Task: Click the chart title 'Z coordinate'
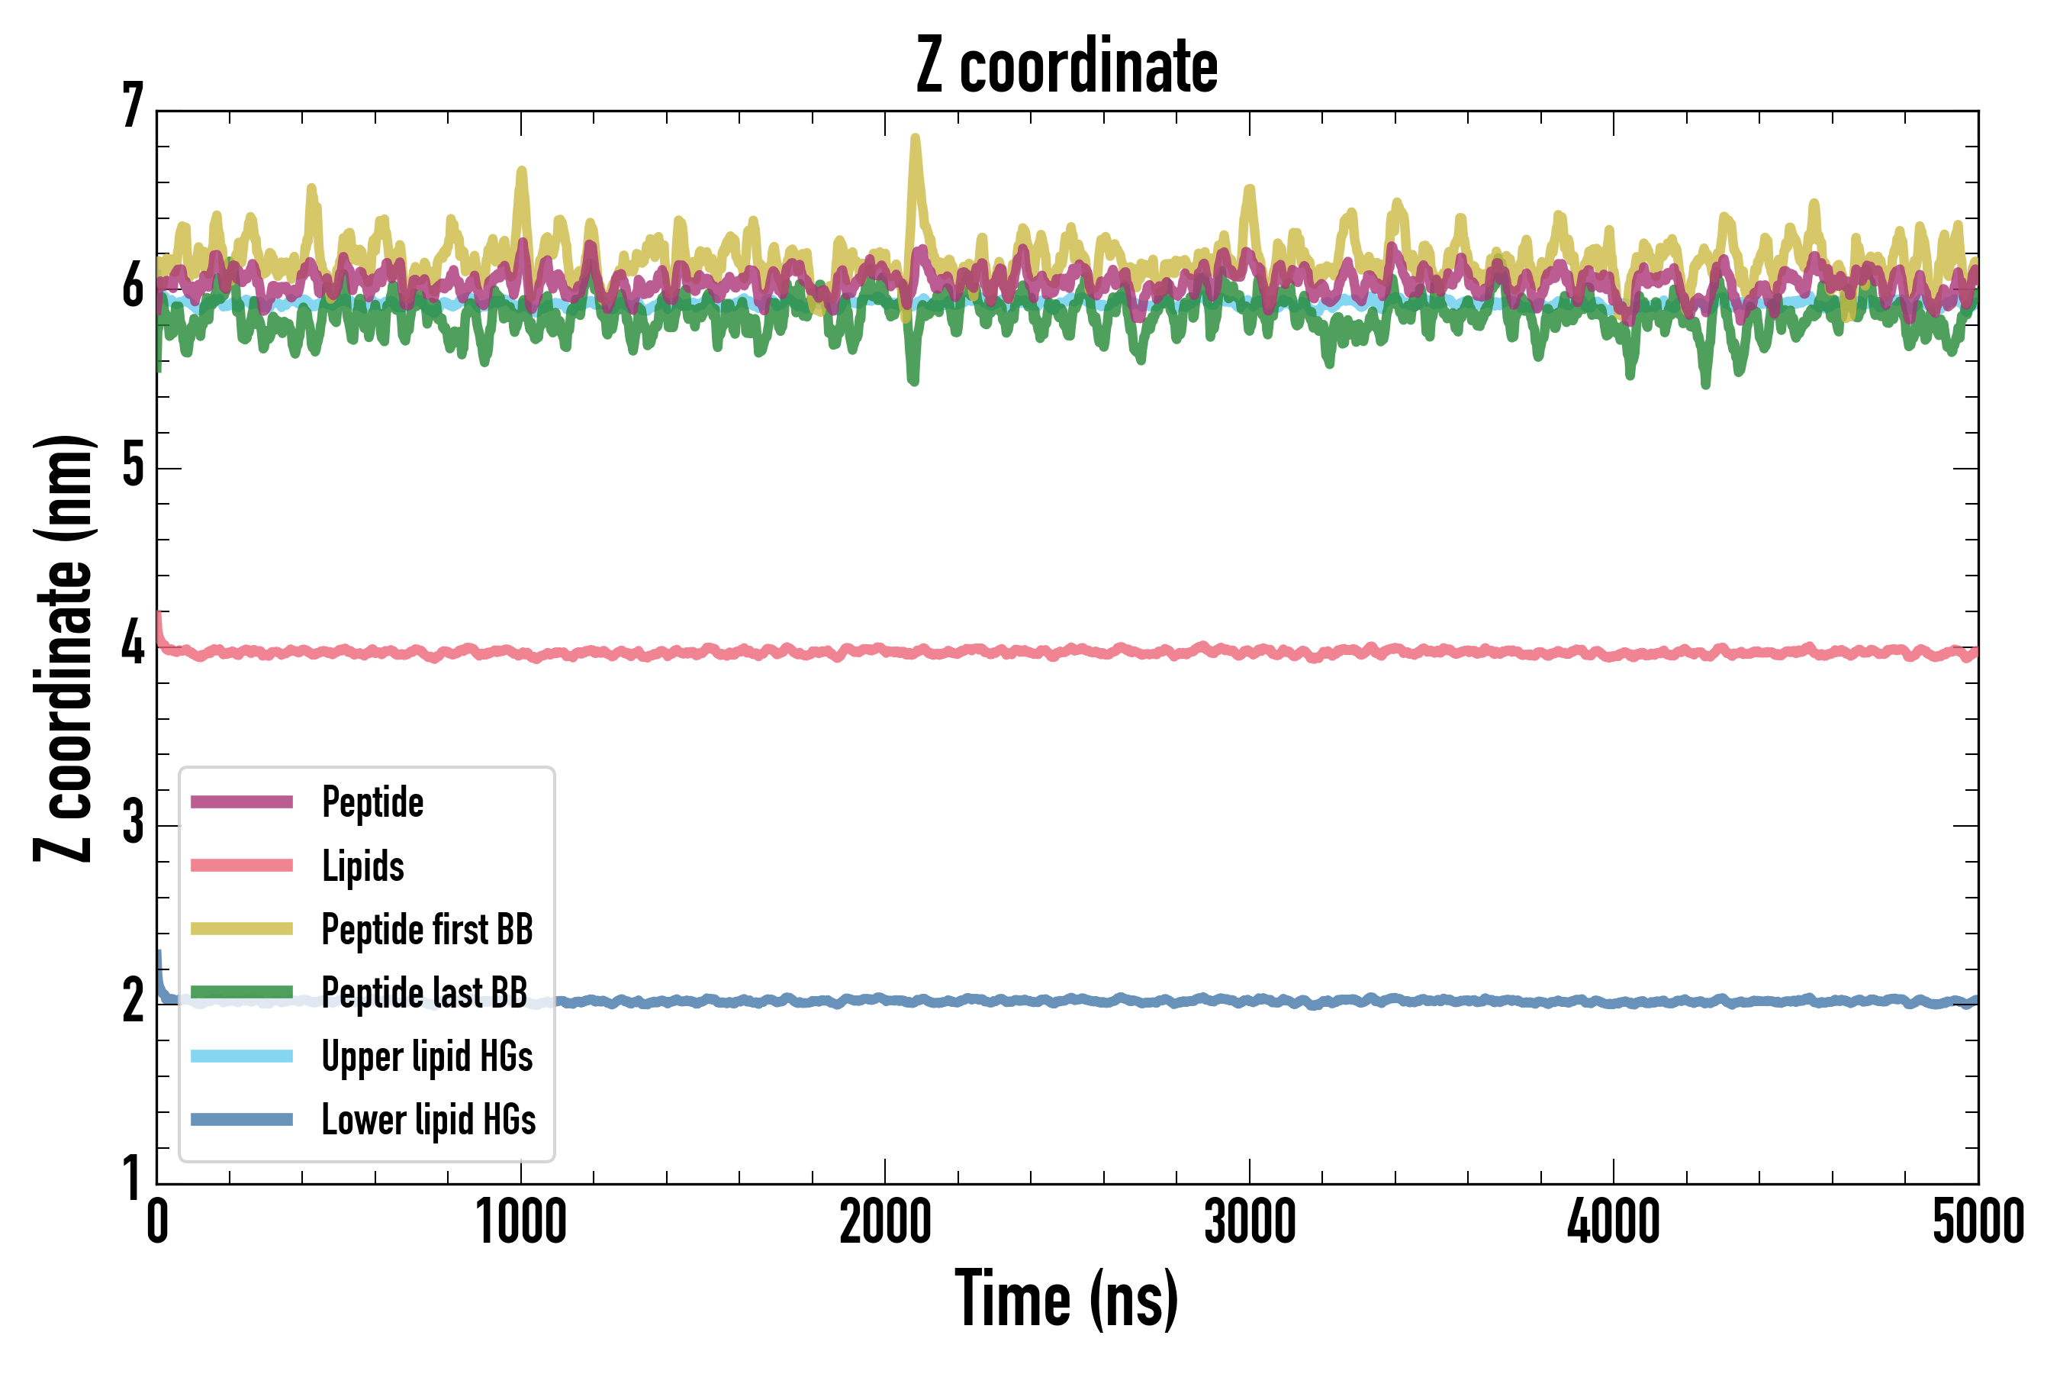pos(1066,66)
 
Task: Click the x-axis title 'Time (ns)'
pos(1066,1299)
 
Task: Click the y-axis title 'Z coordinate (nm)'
pos(63,648)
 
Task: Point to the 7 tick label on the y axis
pos(132,106)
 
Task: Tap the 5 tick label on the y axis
pos(132,466)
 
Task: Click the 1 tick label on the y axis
pos(132,1179)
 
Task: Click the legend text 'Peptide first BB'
pos(426,930)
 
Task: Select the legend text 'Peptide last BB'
pos(424,993)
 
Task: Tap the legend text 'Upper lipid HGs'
pos(426,1056)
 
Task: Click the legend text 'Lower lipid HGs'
pos(428,1120)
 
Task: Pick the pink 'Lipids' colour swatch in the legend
pos(242,866)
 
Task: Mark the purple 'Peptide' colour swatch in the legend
pos(242,801)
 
